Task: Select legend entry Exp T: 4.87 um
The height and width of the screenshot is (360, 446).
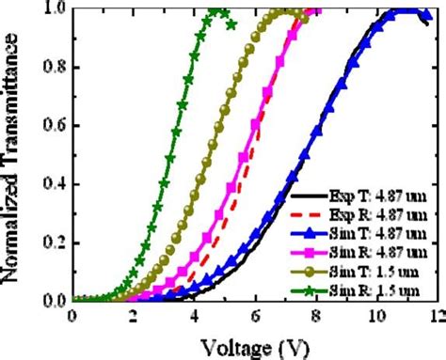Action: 386,200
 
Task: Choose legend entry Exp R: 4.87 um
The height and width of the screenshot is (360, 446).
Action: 386,217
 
